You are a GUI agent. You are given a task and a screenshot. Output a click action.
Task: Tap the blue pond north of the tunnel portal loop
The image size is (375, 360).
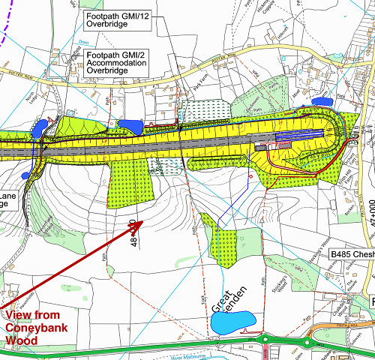(x=323, y=100)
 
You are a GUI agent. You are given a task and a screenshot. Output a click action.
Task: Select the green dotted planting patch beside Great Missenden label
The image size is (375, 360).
(x=223, y=226)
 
